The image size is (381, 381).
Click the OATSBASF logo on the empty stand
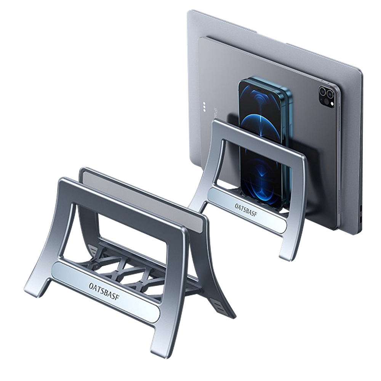click(104, 291)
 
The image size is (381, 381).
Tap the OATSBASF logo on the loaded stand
click(246, 210)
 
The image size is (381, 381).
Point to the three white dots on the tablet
click(205, 106)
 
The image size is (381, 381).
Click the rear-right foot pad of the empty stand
click(218, 307)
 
